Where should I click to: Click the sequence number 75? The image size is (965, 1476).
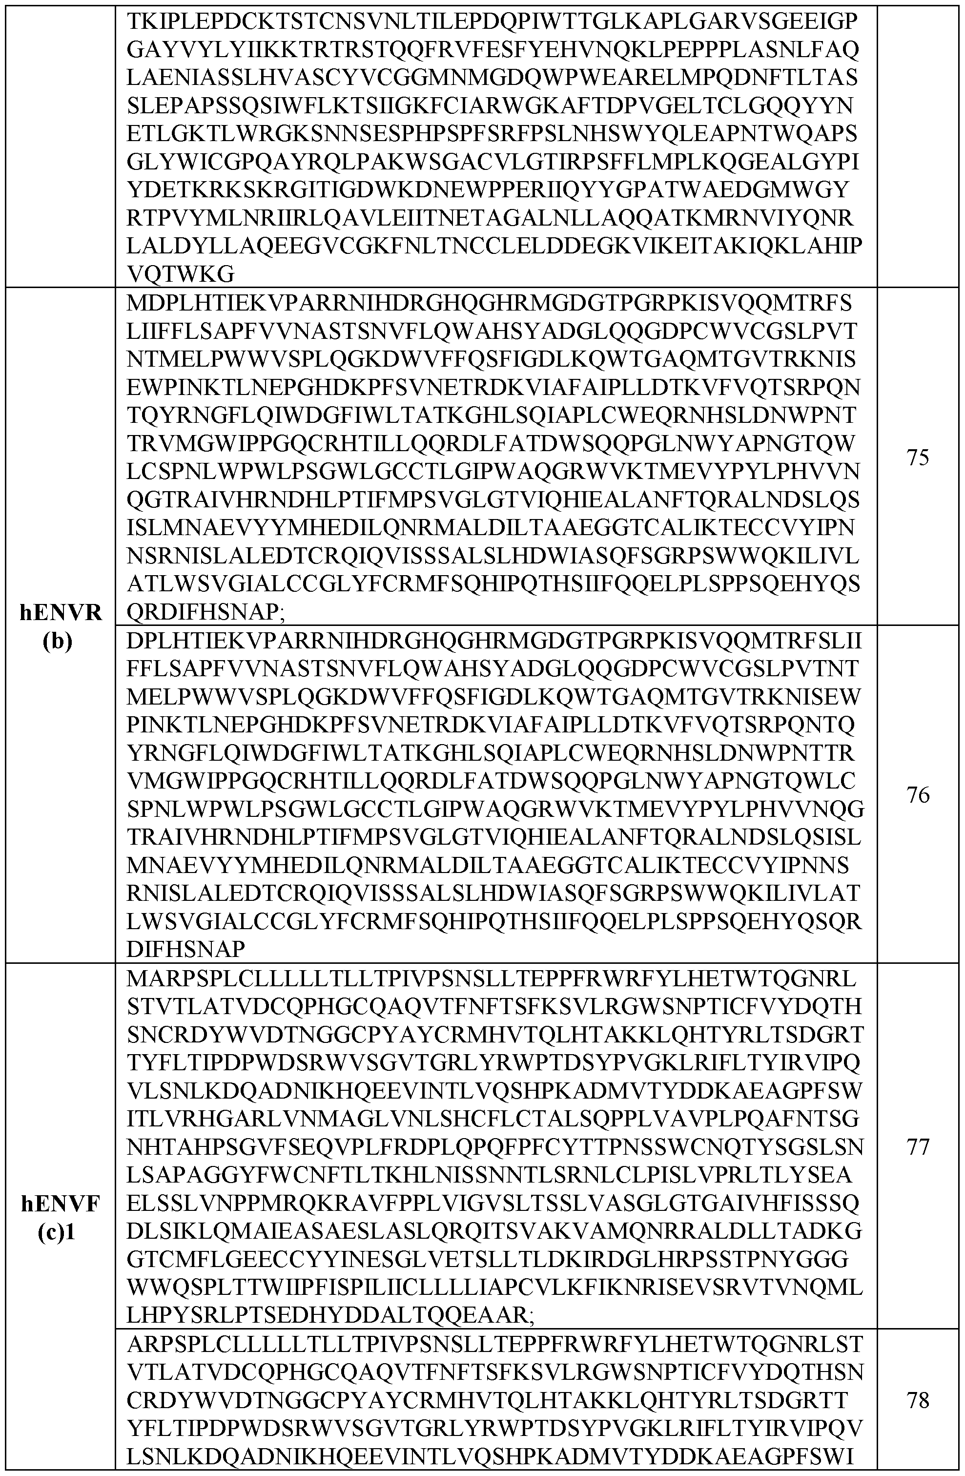pos(917,457)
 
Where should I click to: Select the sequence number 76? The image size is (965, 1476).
pos(917,795)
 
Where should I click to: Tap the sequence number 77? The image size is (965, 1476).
pos(917,1147)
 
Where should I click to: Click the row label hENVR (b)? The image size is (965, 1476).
pos(61,626)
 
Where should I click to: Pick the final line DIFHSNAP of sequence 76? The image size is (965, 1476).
pos(186,949)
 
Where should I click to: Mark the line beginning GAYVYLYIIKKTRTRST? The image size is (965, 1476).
pos(493,50)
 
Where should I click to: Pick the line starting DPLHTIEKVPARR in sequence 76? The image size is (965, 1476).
pos(493,641)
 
